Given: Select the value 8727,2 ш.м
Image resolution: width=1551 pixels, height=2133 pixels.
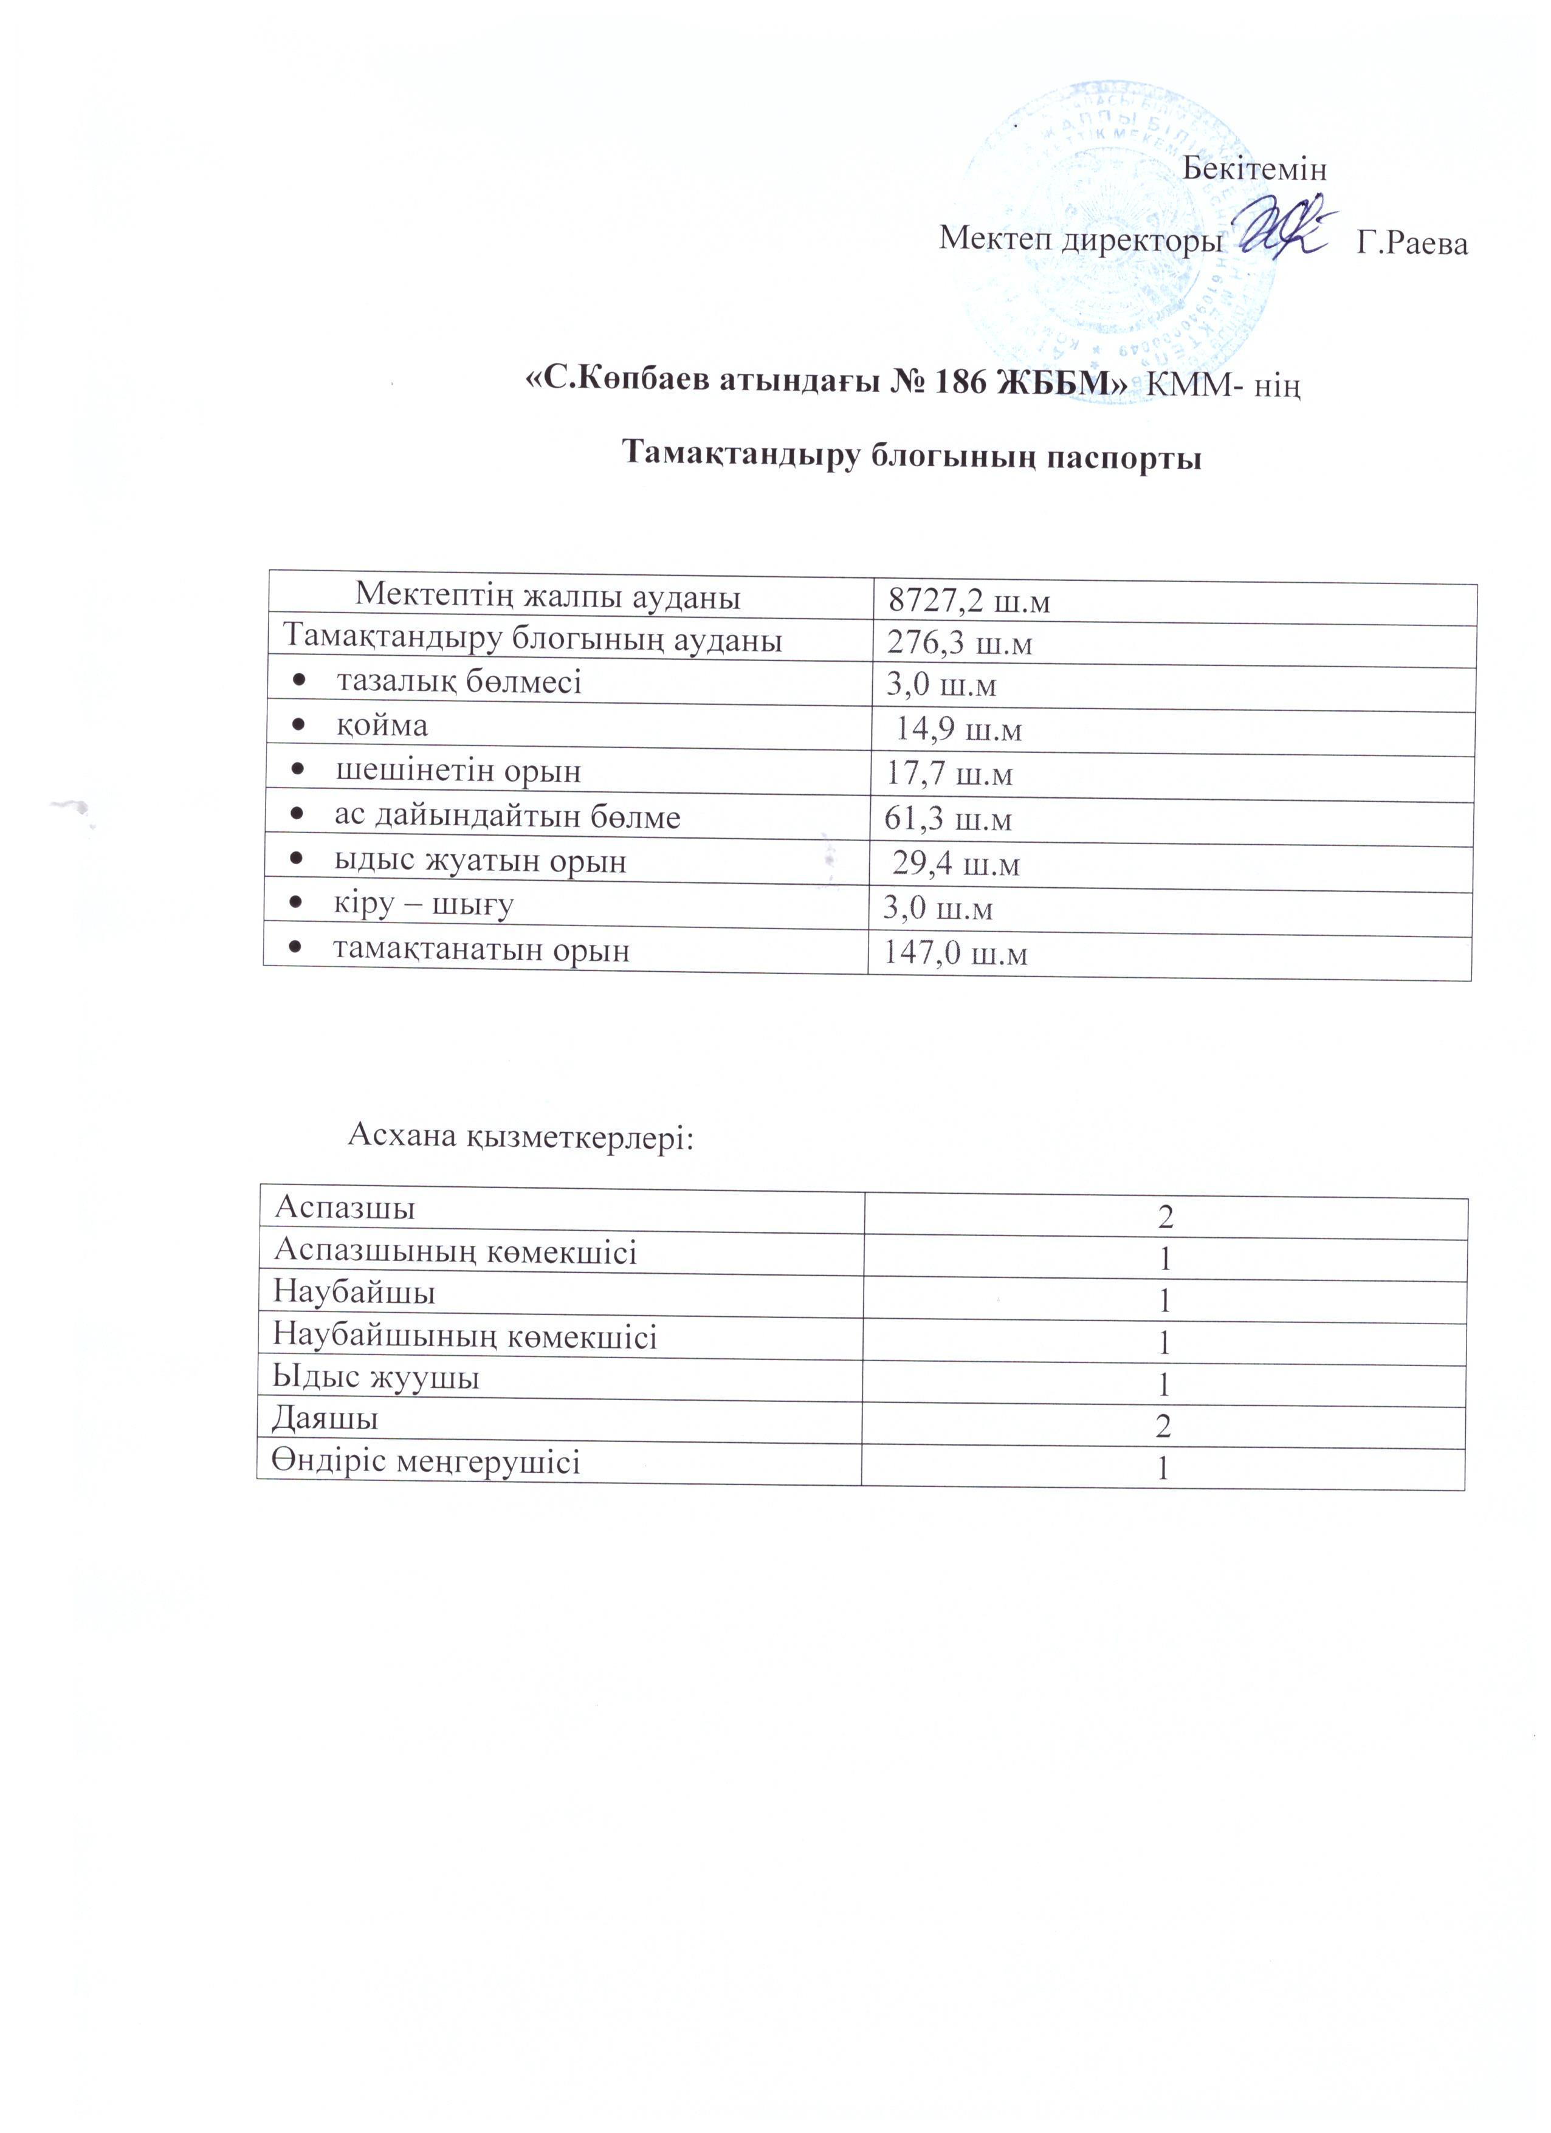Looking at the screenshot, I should tap(969, 602).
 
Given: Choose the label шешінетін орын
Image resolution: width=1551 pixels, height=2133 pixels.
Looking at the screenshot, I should tap(458, 771).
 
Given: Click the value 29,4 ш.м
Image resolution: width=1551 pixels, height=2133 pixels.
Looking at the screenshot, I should tap(955, 864).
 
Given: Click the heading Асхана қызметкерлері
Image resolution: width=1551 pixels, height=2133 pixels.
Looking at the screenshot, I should tap(521, 1137).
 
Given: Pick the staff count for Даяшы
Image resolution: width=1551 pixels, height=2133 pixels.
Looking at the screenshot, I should tap(1163, 1427).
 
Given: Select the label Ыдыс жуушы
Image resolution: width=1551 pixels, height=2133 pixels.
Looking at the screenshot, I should tap(376, 1379).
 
